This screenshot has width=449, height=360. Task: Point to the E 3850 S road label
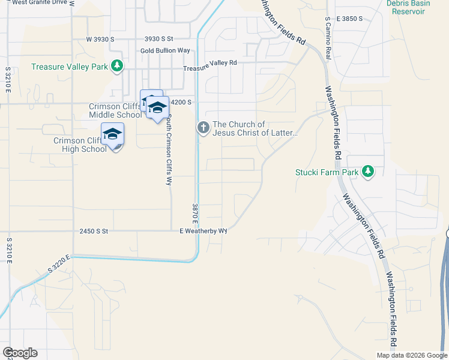[x=349, y=19]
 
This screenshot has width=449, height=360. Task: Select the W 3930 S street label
[x=100, y=39]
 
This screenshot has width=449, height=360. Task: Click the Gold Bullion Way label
[x=165, y=50]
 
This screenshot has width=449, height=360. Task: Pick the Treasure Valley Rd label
[x=210, y=62]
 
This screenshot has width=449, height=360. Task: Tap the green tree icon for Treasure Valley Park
[x=118, y=66]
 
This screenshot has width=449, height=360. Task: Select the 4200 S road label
[x=181, y=103]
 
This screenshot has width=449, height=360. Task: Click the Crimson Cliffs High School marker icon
[x=112, y=135]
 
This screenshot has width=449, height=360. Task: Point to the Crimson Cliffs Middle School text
[x=115, y=110]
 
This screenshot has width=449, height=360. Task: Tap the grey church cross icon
[x=203, y=127]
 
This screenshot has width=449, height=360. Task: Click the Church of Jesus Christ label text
[x=255, y=128]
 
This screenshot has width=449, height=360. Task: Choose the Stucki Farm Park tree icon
[x=368, y=172]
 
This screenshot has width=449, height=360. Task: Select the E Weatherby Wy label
[x=203, y=231]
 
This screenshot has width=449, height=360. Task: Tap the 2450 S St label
[x=93, y=231]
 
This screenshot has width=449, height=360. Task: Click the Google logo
[x=20, y=352]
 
